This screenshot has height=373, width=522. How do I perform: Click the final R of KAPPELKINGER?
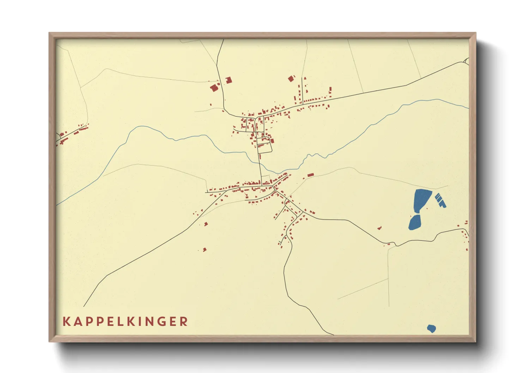click(183, 322)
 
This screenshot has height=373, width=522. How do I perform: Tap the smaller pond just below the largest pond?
click(415, 222)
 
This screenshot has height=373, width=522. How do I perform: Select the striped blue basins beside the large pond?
click(440, 200)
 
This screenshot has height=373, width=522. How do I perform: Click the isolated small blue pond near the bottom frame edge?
click(431, 329)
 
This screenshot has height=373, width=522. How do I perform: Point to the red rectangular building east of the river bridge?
click(310, 175)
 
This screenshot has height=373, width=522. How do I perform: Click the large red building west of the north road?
click(214, 87)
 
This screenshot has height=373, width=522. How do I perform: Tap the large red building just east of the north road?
click(229, 80)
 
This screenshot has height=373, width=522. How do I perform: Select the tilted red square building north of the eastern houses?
click(291, 79)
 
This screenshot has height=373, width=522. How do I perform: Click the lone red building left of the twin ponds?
click(380, 228)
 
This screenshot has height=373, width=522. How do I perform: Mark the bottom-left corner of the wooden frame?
click(50, 341)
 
